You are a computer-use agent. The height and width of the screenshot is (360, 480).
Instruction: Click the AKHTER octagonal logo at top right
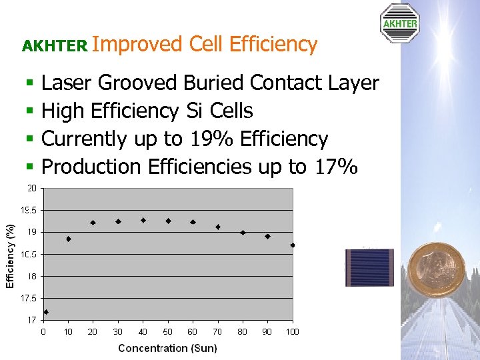399,23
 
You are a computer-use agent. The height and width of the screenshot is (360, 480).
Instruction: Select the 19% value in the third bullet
211,139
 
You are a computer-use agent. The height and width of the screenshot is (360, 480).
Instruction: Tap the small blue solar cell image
369,267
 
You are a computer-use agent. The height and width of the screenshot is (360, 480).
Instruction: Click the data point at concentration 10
69,239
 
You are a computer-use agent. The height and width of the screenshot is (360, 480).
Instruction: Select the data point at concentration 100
293,245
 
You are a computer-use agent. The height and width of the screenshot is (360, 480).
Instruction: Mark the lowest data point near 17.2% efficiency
46,312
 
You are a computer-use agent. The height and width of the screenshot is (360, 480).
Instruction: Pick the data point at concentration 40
143,220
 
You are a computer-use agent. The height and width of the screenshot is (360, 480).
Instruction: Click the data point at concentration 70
218,227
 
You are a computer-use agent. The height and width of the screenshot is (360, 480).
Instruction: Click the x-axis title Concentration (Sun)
167,348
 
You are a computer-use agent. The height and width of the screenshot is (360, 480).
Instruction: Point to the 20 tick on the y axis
32,188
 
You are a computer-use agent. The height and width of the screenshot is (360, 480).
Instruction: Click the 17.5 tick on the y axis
29,298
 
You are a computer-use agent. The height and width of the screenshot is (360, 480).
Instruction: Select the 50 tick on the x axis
168,331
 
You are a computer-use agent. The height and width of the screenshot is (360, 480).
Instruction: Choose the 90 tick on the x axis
267,331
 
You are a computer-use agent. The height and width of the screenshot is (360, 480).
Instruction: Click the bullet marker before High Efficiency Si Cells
29,111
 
